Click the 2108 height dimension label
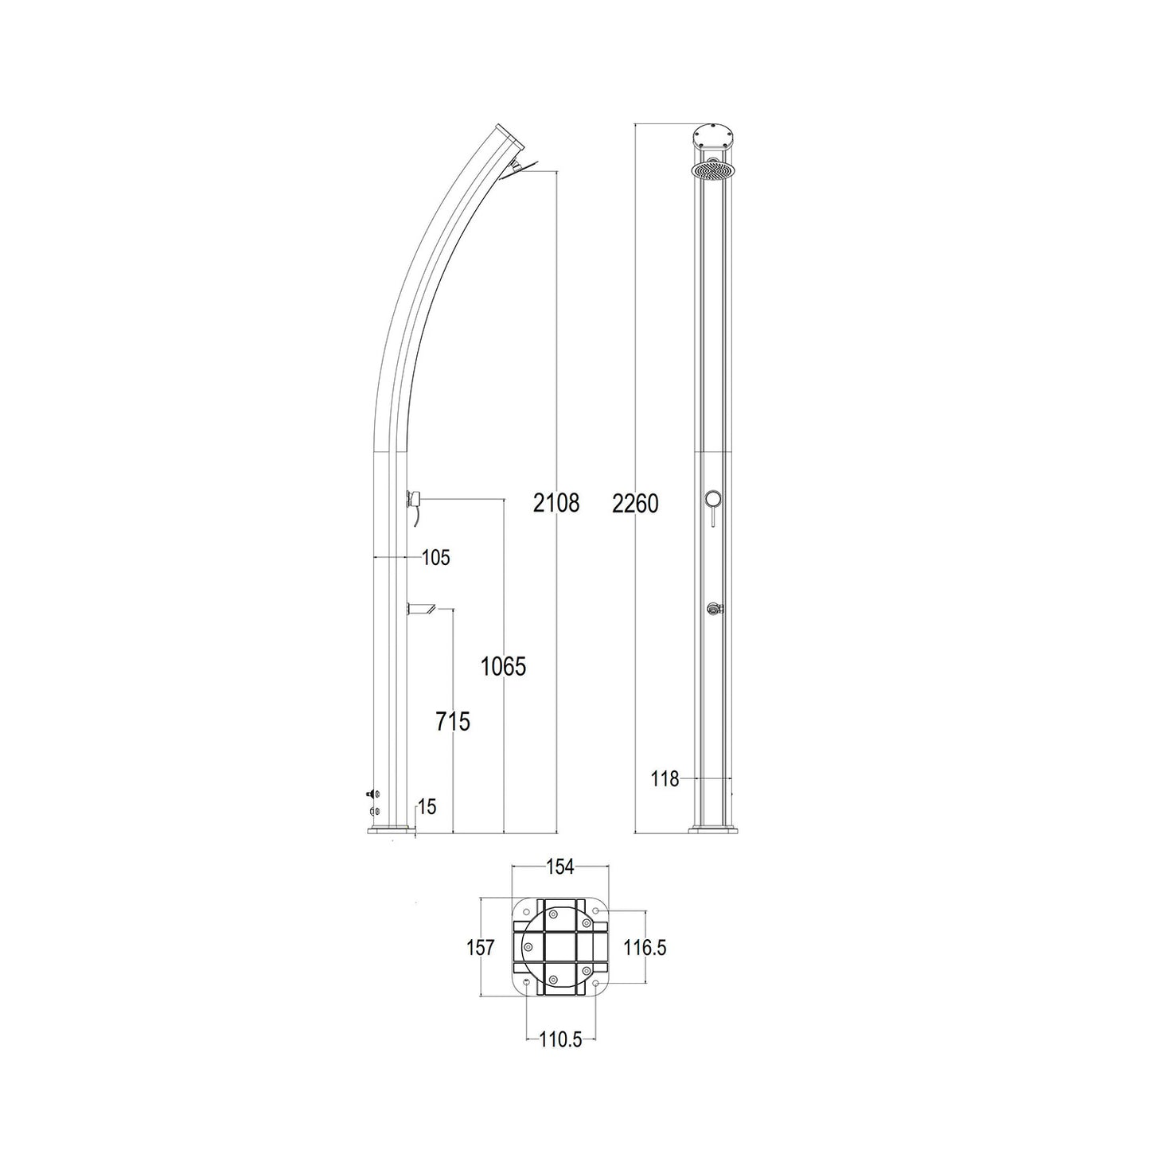pos(556,503)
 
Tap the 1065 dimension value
pos(504,667)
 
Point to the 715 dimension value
pos(453,722)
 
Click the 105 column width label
pos(435,558)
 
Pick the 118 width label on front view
pos(665,779)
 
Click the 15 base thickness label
pos(427,807)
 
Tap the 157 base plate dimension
pos(481,947)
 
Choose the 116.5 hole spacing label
pos(645,947)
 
